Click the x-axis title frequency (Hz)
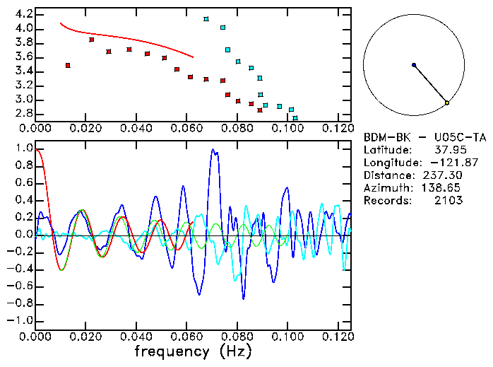[192, 351]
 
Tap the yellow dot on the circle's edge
[447, 103]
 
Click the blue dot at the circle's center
[414, 65]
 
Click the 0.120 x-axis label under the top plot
[338, 129]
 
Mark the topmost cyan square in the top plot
[206, 19]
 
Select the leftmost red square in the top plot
[68, 65]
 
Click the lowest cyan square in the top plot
[295, 118]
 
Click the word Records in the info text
[386, 200]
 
